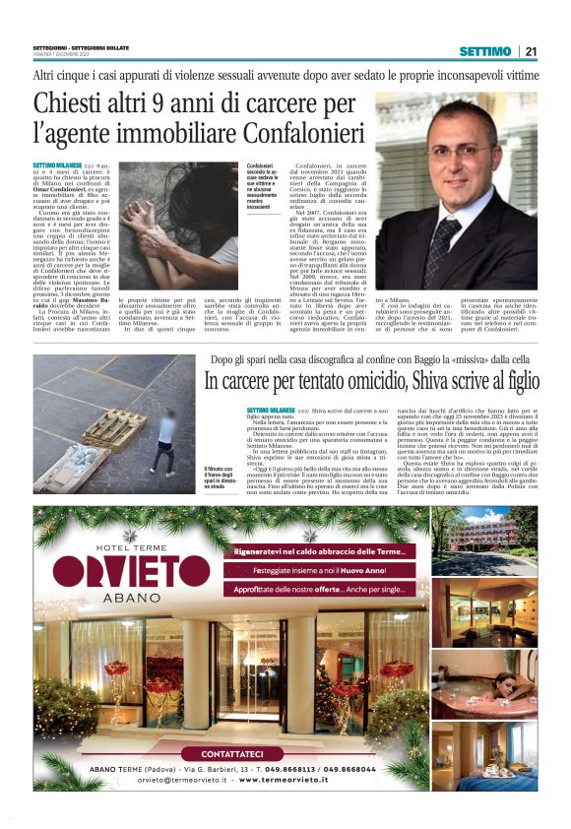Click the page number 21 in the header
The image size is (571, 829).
(x=531, y=50)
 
